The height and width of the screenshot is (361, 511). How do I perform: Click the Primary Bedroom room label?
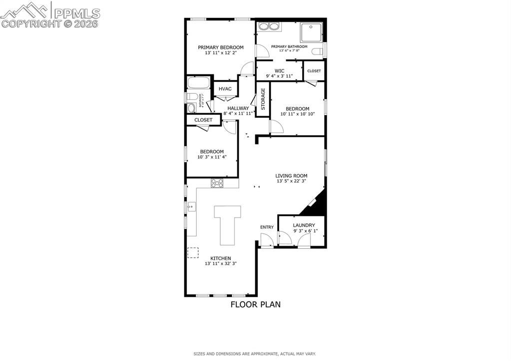[220, 47]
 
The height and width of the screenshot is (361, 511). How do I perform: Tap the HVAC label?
[225, 89]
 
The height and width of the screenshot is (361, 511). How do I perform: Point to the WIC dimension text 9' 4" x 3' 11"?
[279, 76]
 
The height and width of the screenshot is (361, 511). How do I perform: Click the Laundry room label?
[304, 225]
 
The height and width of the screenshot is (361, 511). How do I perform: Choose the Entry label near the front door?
[267, 227]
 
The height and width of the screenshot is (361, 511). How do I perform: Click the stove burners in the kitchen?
[217, 183]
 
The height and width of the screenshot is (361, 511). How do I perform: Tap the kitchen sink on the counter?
[190, 205]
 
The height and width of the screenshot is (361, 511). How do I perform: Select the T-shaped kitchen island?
[227, 224]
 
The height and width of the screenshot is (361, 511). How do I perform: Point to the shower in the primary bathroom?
[311, 32]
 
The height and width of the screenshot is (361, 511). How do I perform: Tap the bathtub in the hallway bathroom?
[199, 83]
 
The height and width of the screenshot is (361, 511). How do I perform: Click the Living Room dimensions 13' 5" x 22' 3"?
[292, 181]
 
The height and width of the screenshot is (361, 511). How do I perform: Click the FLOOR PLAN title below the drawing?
[255, 304]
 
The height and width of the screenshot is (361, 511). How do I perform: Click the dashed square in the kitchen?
[193, 253]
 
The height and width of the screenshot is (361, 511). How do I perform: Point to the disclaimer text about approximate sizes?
[255, 354]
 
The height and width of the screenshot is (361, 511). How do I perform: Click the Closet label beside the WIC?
[314, 71]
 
